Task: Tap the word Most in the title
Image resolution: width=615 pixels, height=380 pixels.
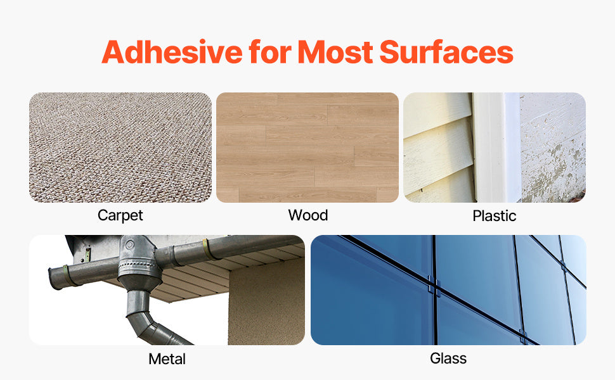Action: [x=336, y=52]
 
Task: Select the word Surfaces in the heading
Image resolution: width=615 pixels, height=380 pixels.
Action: [x=446, y=52]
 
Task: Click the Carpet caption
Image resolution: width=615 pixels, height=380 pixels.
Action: [x=120, y=215]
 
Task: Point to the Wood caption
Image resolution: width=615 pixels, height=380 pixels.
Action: [x=308, y=215]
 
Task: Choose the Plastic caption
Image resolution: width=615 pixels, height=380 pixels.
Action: [x=495, y=216]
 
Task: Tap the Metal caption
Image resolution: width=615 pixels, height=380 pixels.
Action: [x=167, y=359]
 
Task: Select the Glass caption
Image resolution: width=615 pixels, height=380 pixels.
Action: [x=448, y=358]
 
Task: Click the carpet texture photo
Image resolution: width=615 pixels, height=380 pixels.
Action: [x=120, y=147]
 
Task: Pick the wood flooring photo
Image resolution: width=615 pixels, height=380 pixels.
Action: [x=307, y=147]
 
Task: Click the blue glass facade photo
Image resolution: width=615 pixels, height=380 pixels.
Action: [x=448, y=290]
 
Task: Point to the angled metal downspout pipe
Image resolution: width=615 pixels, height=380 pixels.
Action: [x=152, y=323]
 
